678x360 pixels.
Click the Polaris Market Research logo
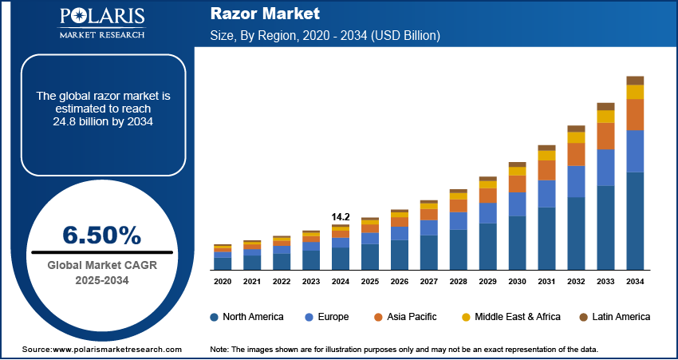[x=101, y=24]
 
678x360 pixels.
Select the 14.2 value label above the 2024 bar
[x=341, y=216]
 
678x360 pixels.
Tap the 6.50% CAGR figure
[x=101, y=235]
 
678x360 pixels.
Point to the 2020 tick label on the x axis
[x=223, y=282]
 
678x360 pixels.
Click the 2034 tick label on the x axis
[x=635, y=282]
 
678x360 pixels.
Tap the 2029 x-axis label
[x=487, y=282]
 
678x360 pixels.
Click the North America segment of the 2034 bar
[x=635, y=221]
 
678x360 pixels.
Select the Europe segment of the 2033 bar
[x=605, y=168]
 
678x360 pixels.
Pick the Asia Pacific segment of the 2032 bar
[x=576, y=154]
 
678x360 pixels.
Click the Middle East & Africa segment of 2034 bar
[x=635, y=92]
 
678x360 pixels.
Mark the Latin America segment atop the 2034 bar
[x=635, y=80]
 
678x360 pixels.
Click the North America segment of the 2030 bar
[x=517, y=243]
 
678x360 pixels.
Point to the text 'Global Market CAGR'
[x=101, y=266]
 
